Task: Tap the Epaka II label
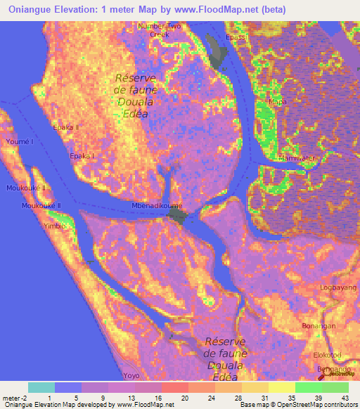65,128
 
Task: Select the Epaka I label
83,156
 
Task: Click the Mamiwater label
297,157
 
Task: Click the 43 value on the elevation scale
345,398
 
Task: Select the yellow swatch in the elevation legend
281,387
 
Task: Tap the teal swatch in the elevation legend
41,387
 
